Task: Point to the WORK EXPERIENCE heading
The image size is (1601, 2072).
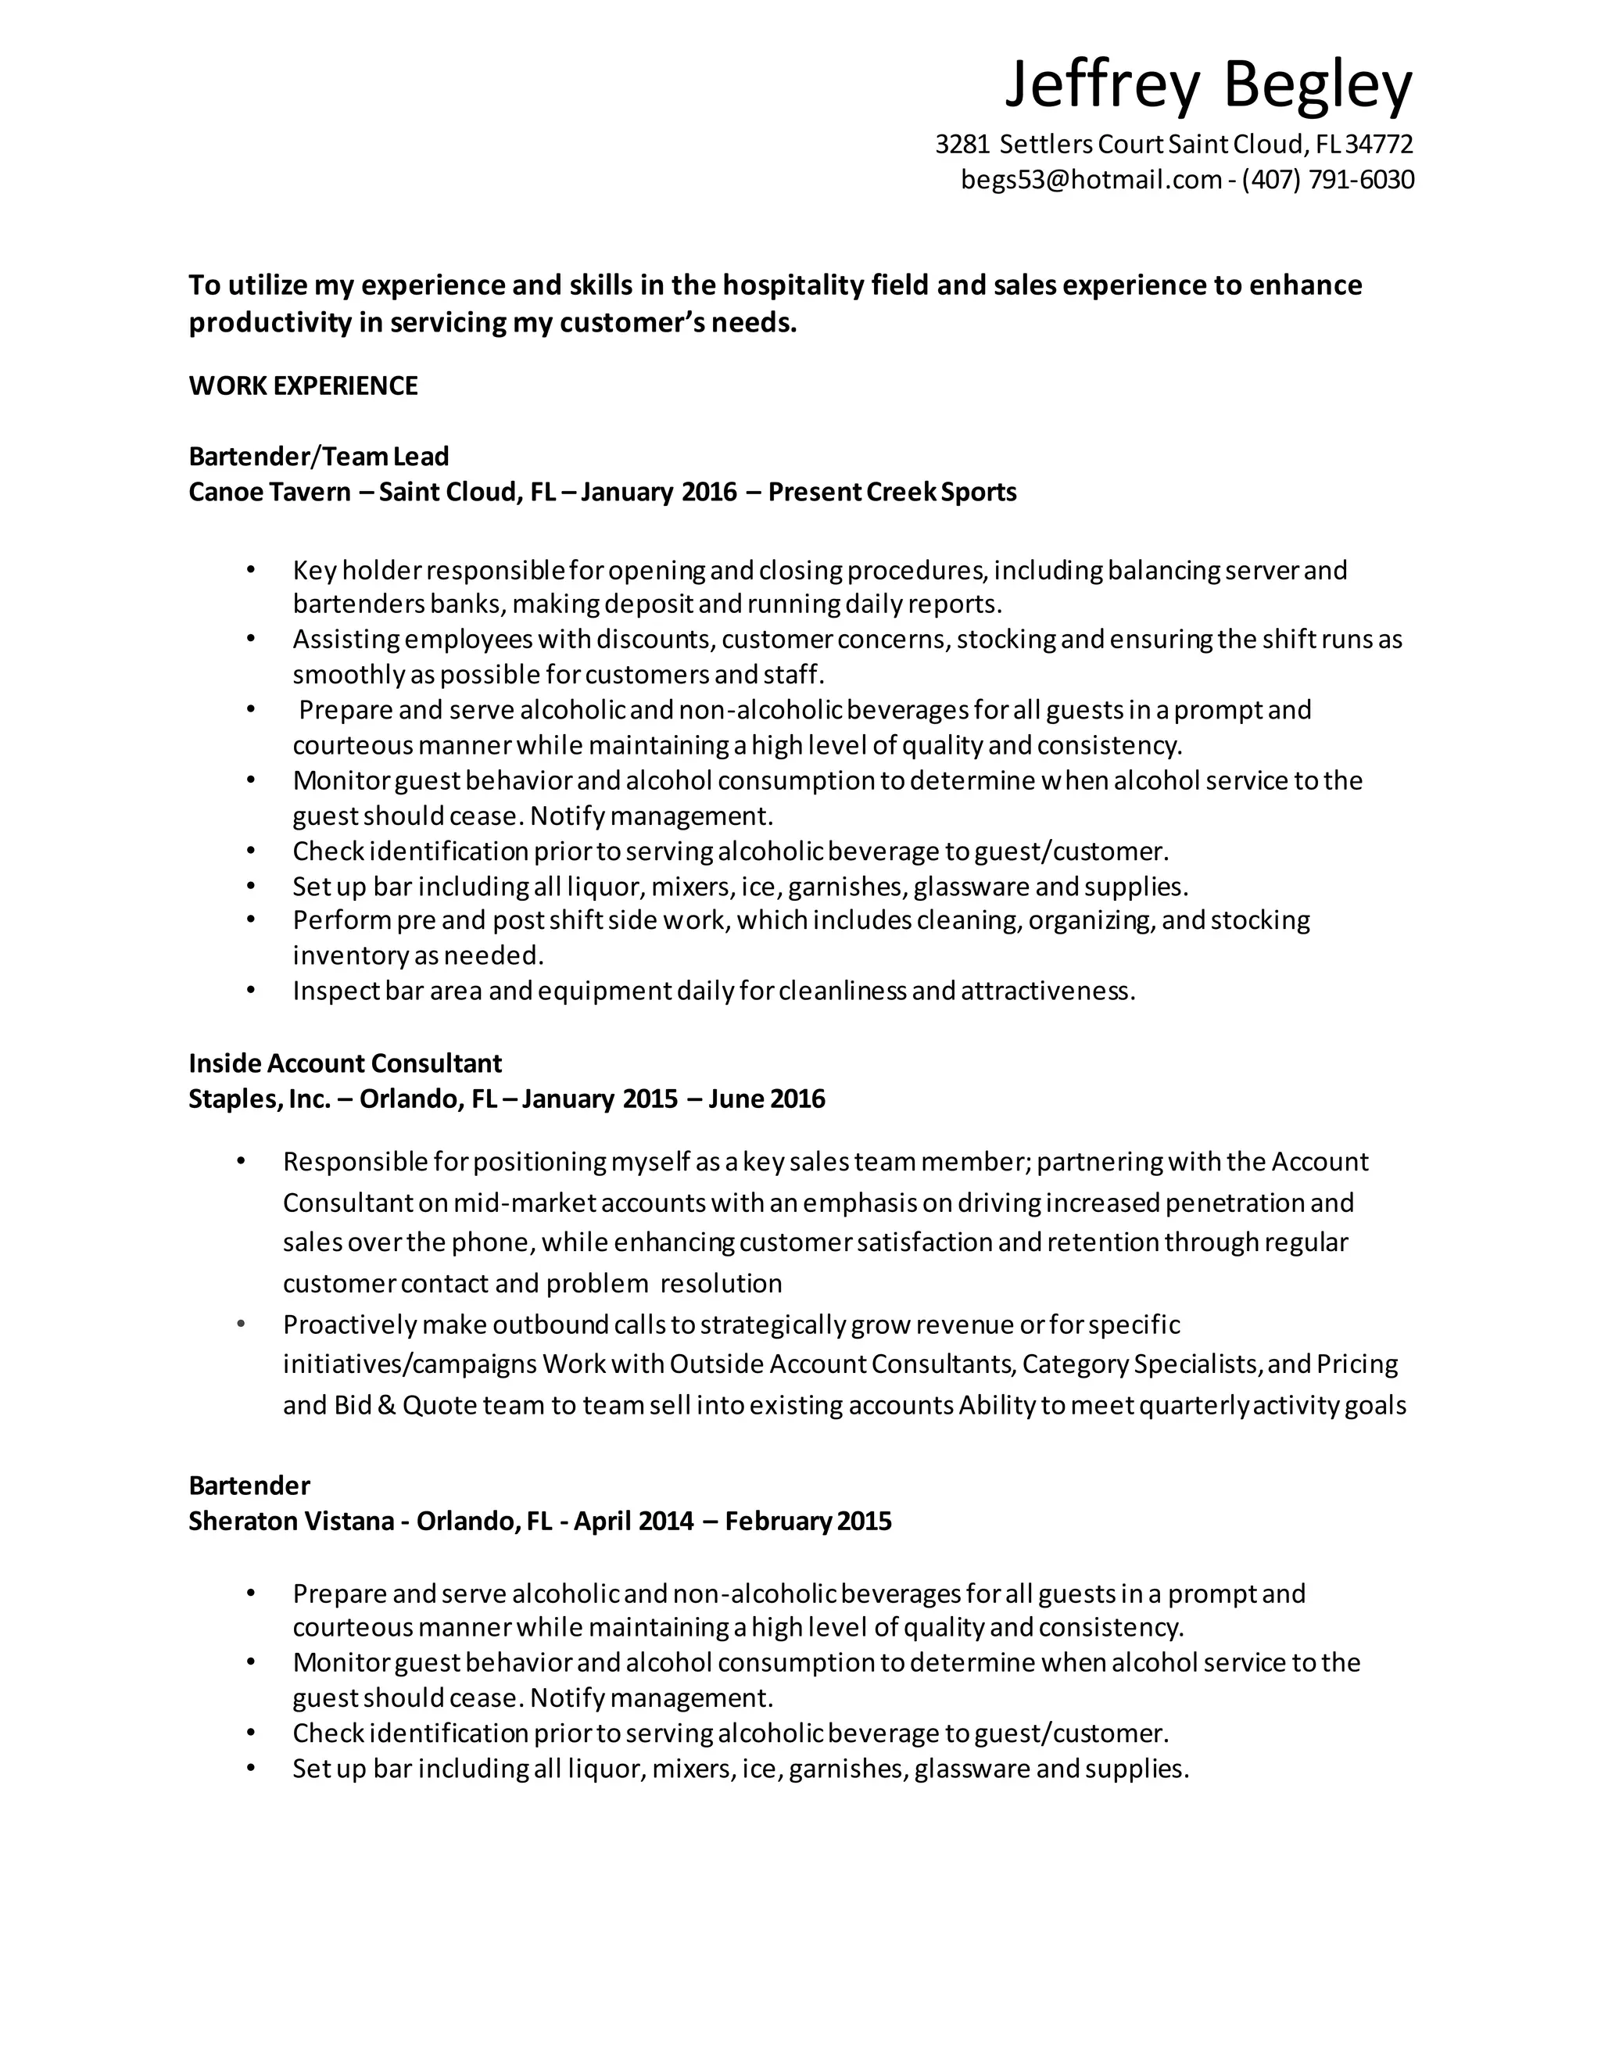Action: click(303, 386)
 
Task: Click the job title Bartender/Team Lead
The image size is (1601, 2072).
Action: click(319, 457)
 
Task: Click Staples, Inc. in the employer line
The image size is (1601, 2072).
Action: click(259, 1099)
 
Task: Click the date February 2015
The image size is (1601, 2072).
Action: click(808, 1522)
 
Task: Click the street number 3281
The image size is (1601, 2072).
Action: click(962, 144)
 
